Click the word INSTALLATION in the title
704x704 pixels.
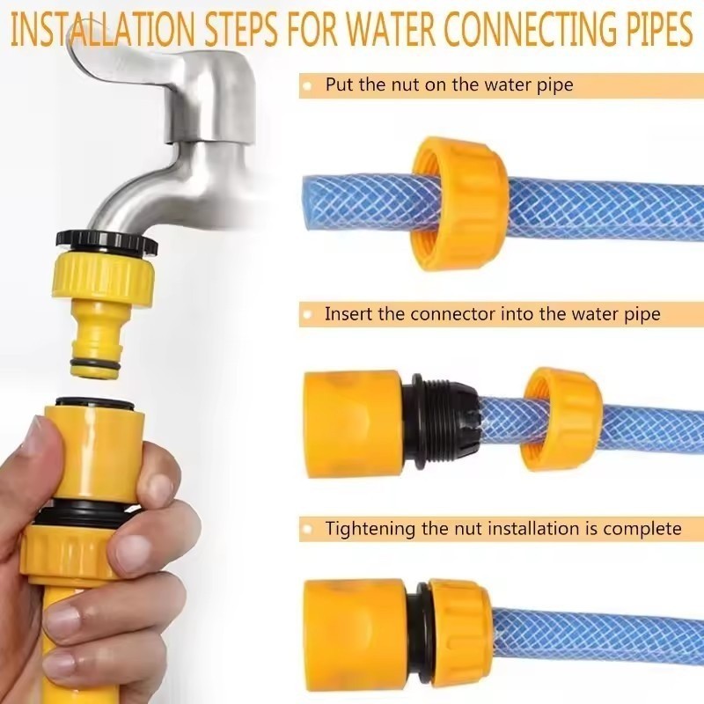point(103,30)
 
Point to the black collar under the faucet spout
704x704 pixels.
point(106,243)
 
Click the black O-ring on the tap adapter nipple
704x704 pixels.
point(95,363)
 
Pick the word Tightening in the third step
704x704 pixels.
point(370,529)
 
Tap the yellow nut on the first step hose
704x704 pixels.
point(459,203)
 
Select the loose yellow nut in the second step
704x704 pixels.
point(562,420)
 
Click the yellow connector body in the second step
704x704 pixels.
point(353,420)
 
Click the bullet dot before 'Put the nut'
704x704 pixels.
point(308,85)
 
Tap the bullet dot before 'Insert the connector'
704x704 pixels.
point(308,315)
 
